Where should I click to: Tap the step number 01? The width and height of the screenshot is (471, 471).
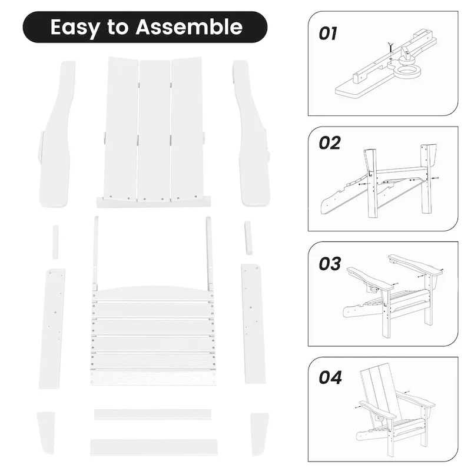pos(328,33)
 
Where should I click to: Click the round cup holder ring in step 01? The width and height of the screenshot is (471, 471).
pos(405,74)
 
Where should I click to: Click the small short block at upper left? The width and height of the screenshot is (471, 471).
pos(56,241)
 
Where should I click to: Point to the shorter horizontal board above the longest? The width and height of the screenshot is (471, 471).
pos(152,414)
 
